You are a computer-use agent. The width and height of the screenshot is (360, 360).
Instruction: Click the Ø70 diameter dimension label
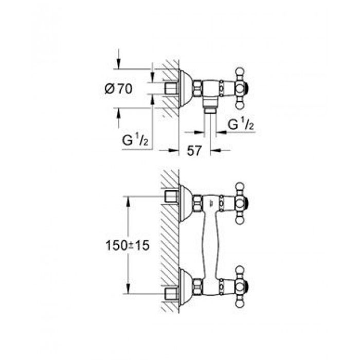118,89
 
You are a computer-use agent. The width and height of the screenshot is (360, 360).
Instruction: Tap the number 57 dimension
194,151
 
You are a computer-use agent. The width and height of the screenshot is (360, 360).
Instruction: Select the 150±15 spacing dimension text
128,246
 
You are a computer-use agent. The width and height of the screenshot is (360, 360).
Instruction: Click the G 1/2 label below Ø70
135,140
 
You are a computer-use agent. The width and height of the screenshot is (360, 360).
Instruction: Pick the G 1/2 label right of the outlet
241,124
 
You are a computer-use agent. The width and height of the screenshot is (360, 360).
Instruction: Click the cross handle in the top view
240,88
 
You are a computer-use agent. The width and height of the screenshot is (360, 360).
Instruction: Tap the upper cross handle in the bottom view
240,203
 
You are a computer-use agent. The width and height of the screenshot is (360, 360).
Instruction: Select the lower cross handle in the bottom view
240,287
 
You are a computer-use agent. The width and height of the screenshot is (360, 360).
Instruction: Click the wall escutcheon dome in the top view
186,88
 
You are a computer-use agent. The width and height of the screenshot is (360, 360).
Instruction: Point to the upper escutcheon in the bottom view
186,203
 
